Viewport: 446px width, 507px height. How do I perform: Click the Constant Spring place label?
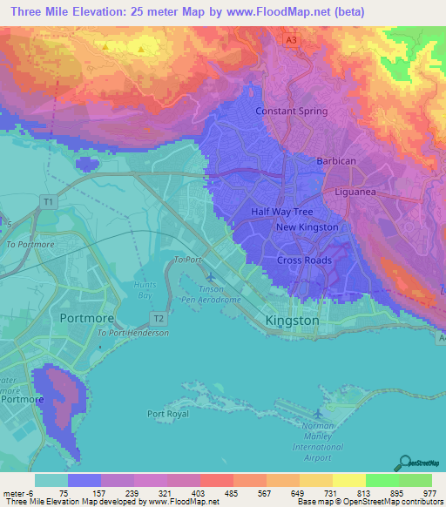tap(291, 112)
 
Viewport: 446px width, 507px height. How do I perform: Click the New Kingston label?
tap(307, 227)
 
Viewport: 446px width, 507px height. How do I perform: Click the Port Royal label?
tap(168, 414)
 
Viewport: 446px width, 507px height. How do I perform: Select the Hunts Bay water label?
tap(145, 290)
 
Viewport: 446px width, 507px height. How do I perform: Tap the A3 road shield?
tap(294, 39)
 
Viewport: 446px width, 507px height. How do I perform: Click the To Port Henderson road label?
tap(132, 333)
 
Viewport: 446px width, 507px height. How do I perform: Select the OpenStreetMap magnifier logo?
tap(402, 462)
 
